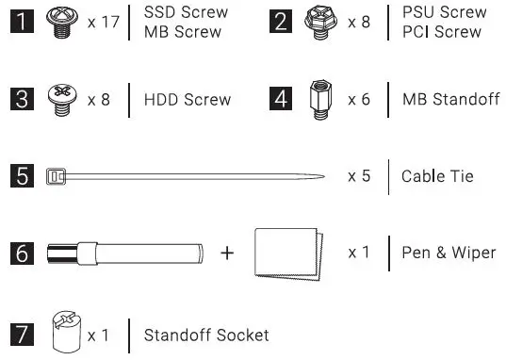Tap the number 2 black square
[x=280, y=22]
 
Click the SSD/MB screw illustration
[x=62, y=22]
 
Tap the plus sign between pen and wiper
[x=227, y=254]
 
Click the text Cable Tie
[x=437, y=176]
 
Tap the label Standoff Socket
[x=206, y=335]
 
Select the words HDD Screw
[x=188, y=99]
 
